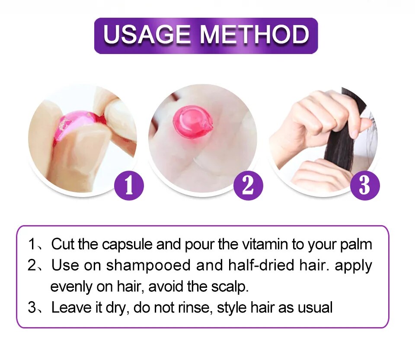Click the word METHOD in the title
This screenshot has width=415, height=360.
pyautogui.click(x=254, y=35)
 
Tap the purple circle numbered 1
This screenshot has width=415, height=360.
pyautogui.click(x=129, y=186)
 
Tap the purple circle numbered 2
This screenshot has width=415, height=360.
pyautogui.click(x=248, y=186)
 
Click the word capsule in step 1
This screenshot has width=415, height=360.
pyautogui.click(x=128, y=245)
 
